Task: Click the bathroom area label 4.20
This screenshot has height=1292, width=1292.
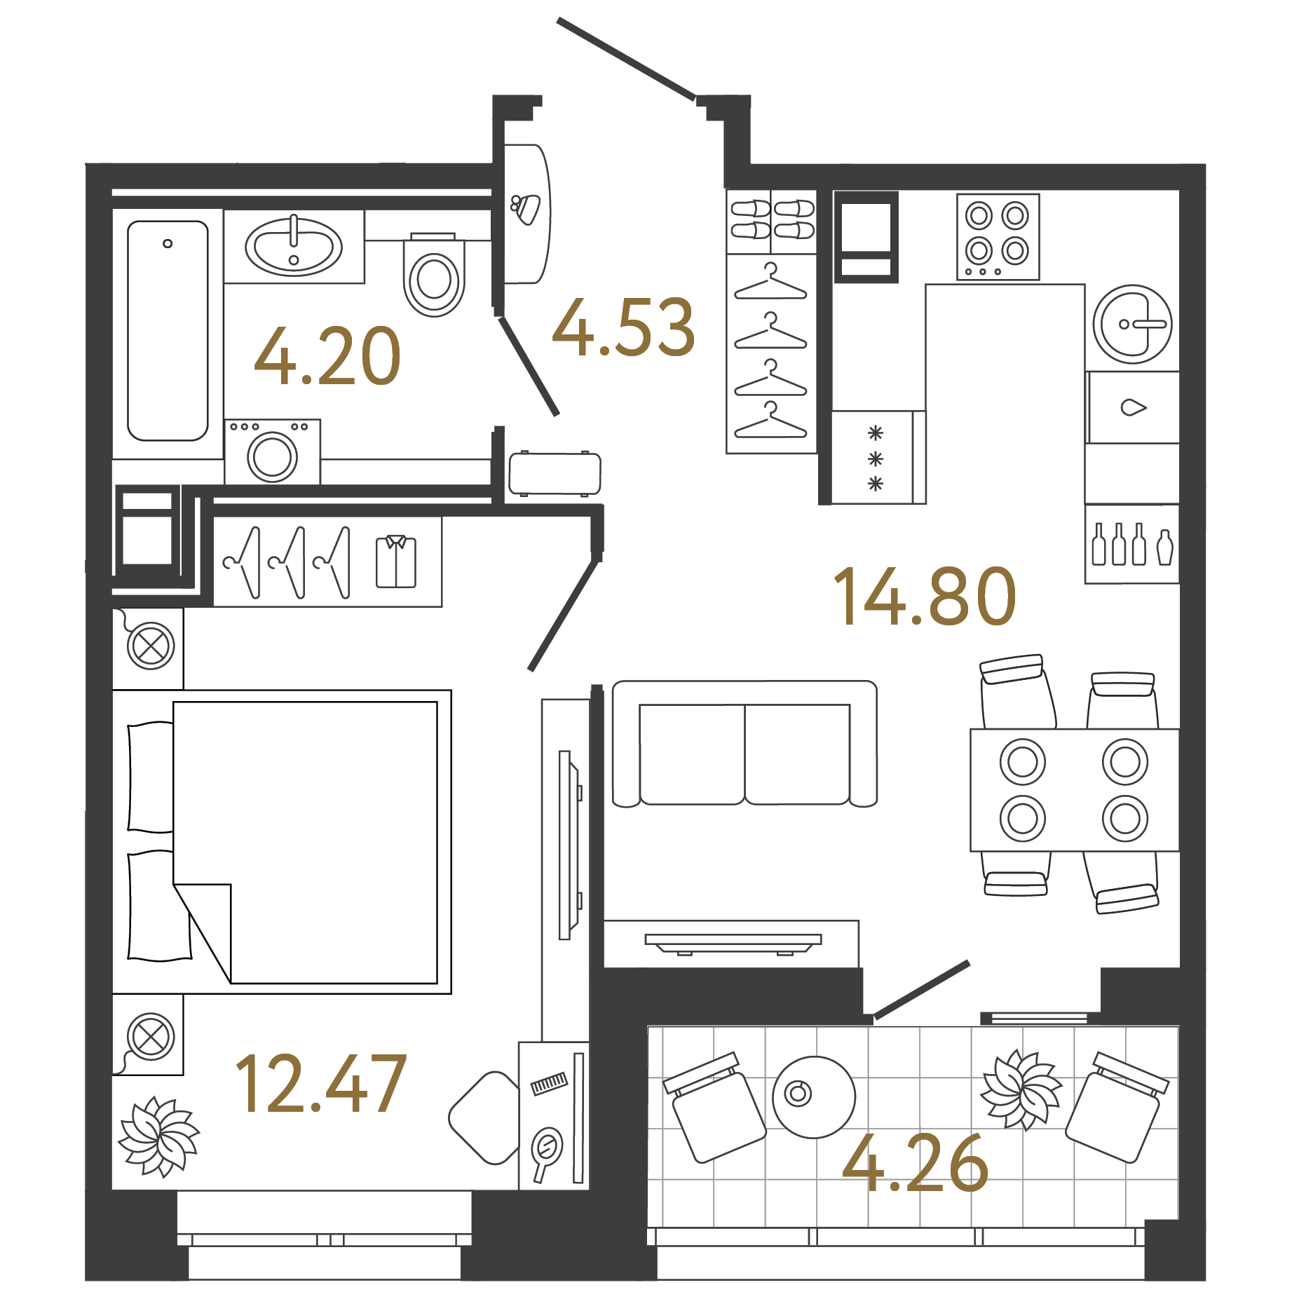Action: point(327,357)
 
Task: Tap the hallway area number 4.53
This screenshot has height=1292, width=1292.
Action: point(623,327)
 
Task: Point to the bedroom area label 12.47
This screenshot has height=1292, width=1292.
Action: point(320,1084)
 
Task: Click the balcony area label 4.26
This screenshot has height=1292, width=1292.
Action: point(915,1164)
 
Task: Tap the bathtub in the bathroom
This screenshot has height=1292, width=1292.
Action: point(168,331)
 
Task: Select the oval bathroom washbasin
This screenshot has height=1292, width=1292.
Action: point(294,247)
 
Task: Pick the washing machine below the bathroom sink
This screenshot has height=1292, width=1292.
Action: point(273,453)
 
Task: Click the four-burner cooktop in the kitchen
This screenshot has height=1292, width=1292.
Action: point(998,236)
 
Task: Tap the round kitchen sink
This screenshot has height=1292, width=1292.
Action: point(1131,324)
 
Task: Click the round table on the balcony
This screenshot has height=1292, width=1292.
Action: point(813,1096)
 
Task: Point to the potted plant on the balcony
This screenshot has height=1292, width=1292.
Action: point(1021,1089)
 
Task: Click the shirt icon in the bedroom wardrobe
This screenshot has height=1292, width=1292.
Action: point(396,562)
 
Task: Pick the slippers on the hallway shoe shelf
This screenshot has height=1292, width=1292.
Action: point(772,219)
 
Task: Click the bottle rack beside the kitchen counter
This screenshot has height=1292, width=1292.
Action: point(1131,545)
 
